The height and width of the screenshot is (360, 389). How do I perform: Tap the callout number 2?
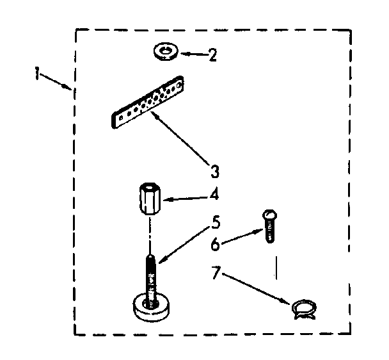tap(211, 54)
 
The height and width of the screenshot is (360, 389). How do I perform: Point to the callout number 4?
tap(215, 193)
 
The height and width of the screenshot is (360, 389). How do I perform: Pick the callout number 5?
tap(216, 224)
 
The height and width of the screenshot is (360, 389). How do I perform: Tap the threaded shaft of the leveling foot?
tap(151, 272)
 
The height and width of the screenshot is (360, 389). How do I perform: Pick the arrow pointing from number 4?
tap(186, 200)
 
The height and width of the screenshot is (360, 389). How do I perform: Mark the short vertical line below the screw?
tap(277, 266)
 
